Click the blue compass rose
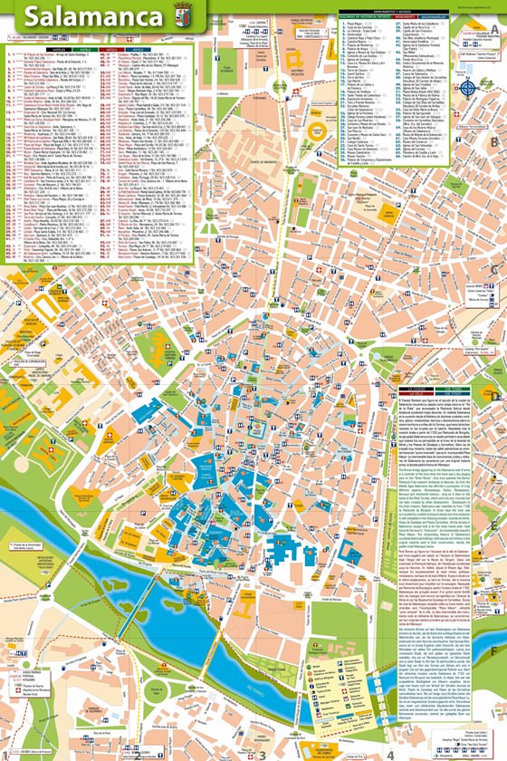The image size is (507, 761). (468, 89)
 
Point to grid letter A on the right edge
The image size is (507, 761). (494, 28)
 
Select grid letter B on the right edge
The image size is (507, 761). (494, 142)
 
